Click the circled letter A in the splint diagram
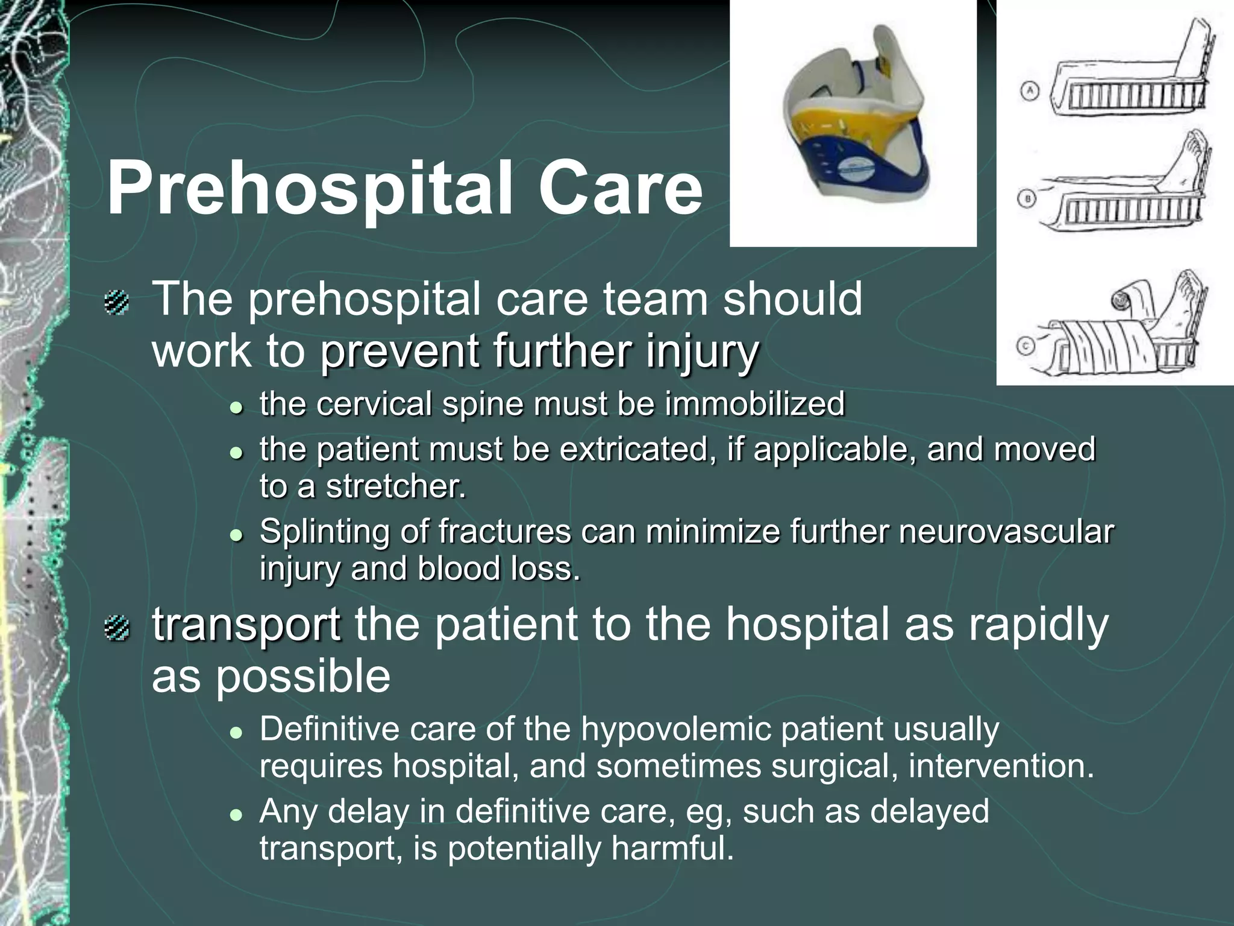pyautogui.click(x=1030, y=92)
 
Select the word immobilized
pyautogui.click(x=754, y=404)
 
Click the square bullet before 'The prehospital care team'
pyautogui.click(x=116, y=302)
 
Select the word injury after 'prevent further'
pyautogui.click(x=702, y=351)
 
